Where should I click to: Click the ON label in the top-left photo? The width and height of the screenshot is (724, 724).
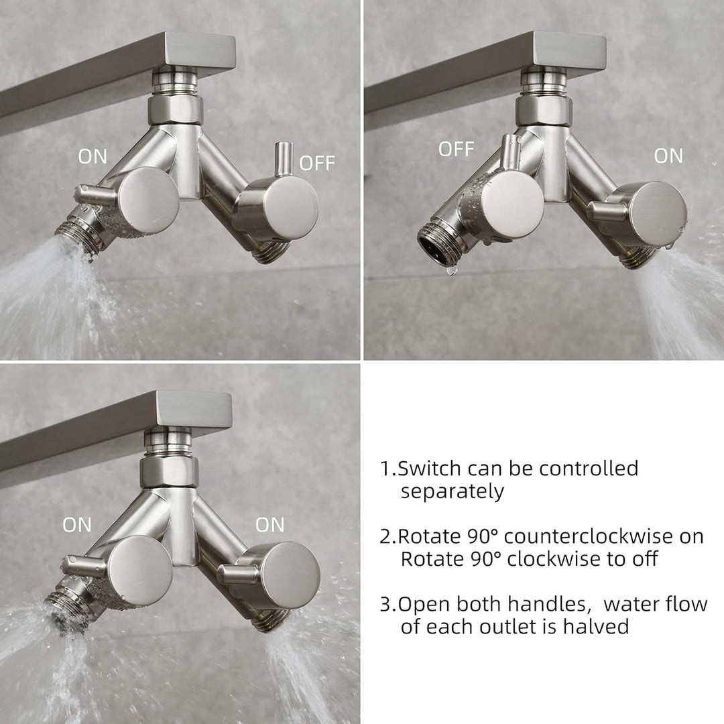click(x=93, y=156)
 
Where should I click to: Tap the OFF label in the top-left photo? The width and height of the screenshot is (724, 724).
click(x=316, y=163)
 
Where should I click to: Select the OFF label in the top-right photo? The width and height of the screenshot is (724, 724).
click(x=457, y=149)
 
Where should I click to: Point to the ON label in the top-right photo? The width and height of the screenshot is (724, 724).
click(x=668, y=156)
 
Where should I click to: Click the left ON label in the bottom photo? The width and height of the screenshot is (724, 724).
click(x=77, y=525)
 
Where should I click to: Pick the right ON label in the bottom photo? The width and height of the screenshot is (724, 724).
click(x=269, y=525)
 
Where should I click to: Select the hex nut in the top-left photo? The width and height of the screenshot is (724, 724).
click(x=176, y=111)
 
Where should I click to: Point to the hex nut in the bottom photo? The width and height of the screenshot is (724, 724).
click(x=169, y=472)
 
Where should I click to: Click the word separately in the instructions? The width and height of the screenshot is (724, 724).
click(x=452, y=492)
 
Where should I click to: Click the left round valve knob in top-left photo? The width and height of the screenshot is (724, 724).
click(x=147, y=198)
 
